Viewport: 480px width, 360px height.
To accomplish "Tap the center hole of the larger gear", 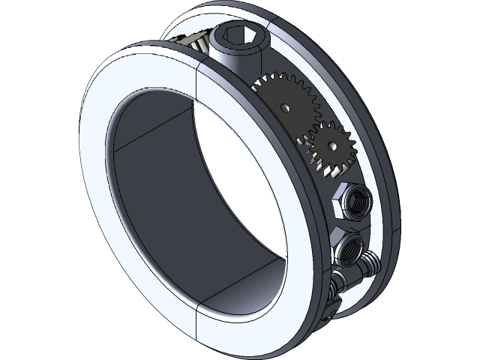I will [284, 107].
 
